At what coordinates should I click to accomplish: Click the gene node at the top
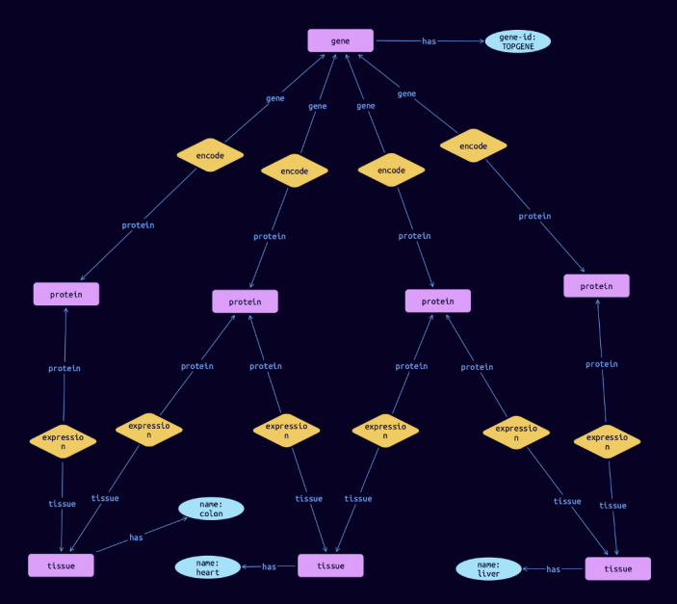(340, 40)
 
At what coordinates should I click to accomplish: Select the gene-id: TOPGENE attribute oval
(518, 41)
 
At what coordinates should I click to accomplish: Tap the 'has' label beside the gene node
(429, 41)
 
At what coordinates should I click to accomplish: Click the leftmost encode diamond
(210, 154)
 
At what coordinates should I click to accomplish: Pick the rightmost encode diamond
(473, 146)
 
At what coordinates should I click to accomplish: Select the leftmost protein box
(65, 294)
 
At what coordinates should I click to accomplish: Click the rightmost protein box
(596, 285)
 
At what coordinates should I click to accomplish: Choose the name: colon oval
(211, 508)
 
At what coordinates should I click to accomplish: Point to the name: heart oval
(207, 567)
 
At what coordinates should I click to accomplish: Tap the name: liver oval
(488, 569)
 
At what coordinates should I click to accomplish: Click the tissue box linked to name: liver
(617, 568)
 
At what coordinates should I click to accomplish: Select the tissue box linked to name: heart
(330, 565)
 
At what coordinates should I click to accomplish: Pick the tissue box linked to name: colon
(61, 565)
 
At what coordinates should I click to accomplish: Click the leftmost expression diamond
(63, 441)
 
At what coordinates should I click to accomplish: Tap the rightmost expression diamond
(607, 442)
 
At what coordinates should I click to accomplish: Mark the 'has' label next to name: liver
(553, 569)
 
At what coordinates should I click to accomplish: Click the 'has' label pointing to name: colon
(136, 538)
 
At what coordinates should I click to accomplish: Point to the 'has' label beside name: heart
(269, 566)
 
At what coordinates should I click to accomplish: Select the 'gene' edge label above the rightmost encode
(406, 93)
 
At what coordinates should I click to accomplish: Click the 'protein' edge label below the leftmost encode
(138, 225)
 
